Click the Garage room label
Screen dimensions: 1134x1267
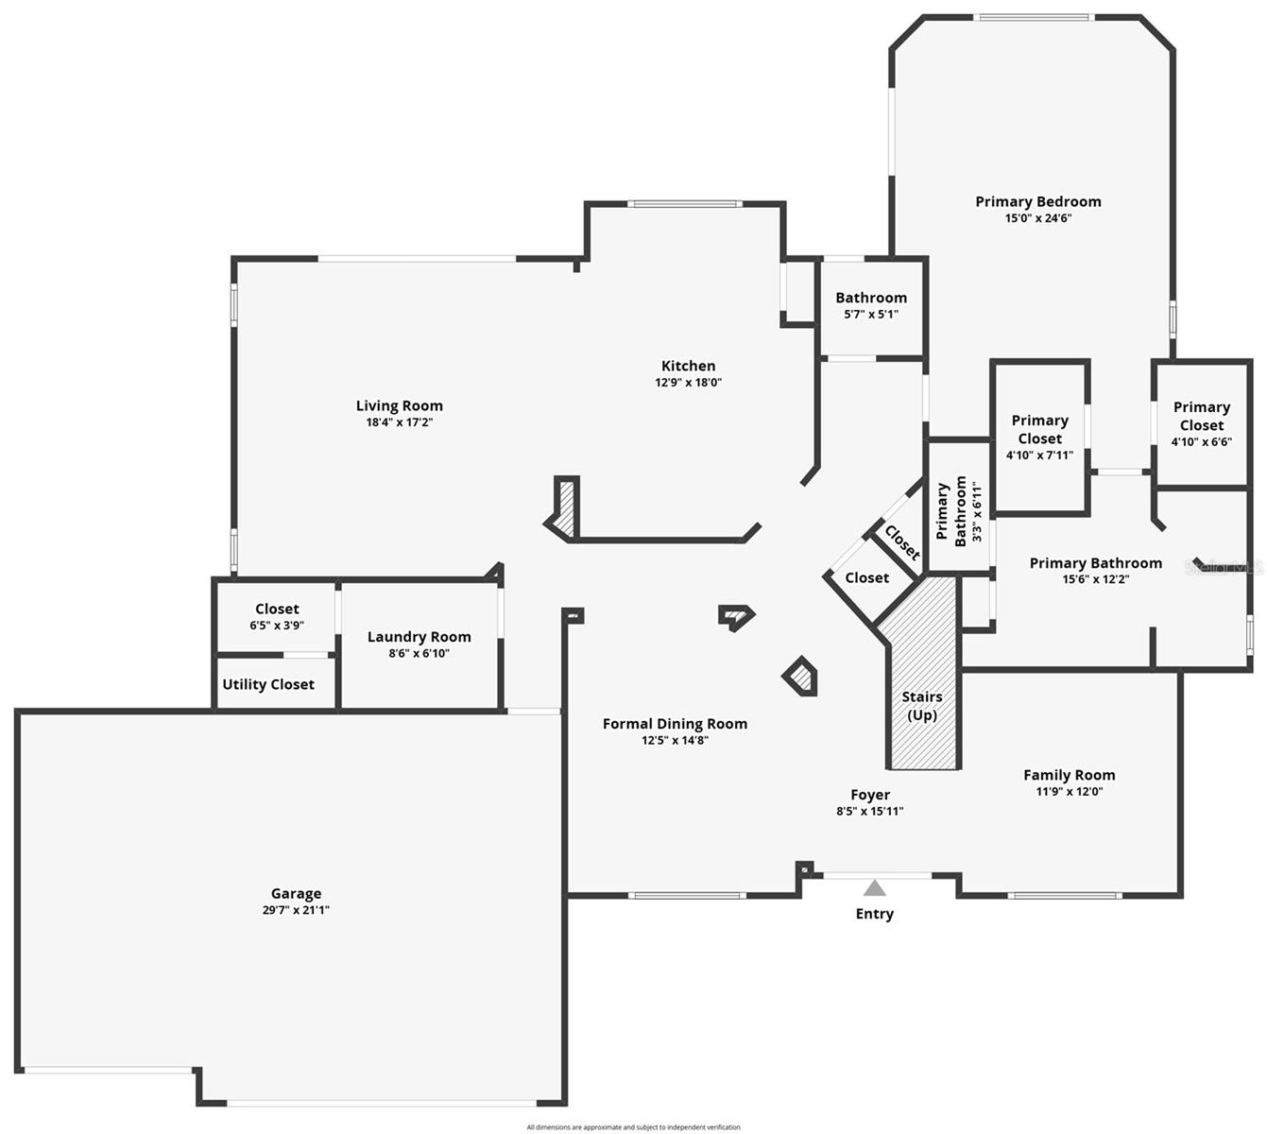point(296,893)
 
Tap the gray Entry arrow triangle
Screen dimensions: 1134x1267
point(875,888)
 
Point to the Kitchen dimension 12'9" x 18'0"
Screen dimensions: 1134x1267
point(689,383)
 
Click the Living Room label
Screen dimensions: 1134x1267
point(399,406)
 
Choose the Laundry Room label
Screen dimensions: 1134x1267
point(419,637)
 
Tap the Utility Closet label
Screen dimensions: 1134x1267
point(268,684)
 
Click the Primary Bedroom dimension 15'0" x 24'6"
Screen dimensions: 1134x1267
point(1038,218)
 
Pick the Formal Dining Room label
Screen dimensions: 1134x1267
point(675,724)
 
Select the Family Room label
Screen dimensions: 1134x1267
point(1069,775)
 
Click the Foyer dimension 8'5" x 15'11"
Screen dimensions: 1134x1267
point(870,811)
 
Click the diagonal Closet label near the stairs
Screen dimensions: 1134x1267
point(901,542)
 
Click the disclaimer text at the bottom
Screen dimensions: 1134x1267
point(633,1126)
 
